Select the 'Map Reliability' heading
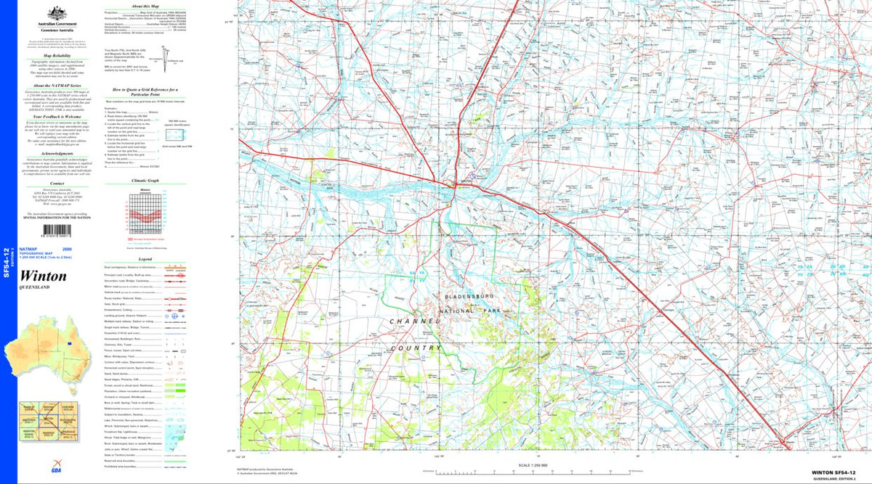[57, 55]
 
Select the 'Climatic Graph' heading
[145, 181]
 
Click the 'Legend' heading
[145, 259]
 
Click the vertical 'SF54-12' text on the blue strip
[7, 263]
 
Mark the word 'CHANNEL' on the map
[416, 321]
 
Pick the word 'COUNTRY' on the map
[416, 348]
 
